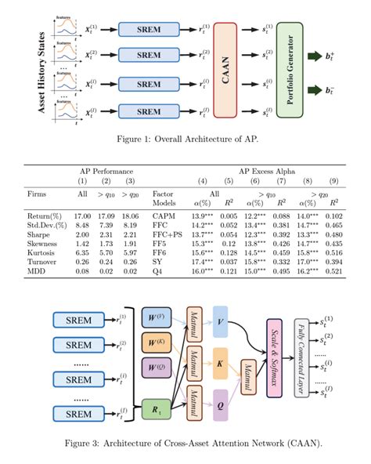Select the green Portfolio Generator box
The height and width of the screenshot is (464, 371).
click(289, 71)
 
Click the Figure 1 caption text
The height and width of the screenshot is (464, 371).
click(185, 140)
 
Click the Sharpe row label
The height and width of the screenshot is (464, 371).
click(36, 234)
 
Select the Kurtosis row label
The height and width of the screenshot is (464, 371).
click(38, 252)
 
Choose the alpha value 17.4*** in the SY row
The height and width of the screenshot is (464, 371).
click(204, 262)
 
